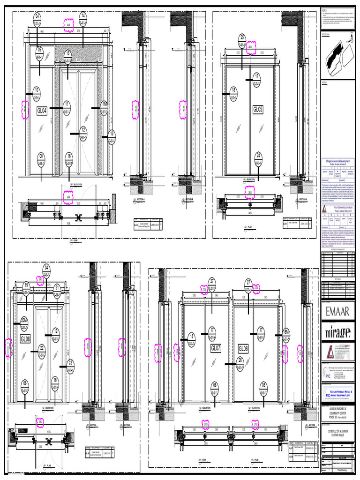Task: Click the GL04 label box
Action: click(42, 111)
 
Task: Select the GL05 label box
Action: click(258, 110)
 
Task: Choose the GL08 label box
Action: click(244, 348)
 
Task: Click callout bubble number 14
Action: click(83, 18)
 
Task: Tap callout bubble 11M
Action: click(104, 105)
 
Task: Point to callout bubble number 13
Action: click(111, 136)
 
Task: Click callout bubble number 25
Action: click(242, 39)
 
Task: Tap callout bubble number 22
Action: click(42, 350)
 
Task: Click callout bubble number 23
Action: click(70, 364)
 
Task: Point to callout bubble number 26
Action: click(240, 362)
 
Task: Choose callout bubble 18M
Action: click(287, 335)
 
